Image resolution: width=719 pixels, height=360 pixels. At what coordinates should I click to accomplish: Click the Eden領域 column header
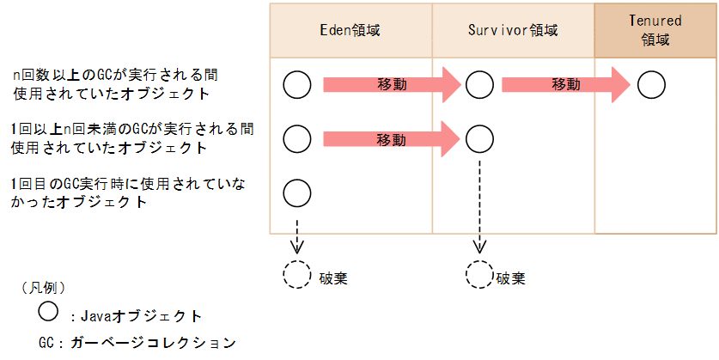point(350,31)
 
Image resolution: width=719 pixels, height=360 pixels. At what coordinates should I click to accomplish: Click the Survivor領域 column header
point(513,31)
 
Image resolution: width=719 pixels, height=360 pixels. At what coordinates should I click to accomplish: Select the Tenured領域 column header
point(655,31)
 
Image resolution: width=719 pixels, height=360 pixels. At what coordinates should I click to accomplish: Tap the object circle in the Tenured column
point(651,84)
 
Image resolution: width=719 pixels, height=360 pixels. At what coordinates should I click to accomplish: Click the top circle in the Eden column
point(296,84)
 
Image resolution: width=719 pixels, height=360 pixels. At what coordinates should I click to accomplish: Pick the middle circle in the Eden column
point(296,137)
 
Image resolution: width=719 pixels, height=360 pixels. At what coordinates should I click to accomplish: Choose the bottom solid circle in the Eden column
point(296,192)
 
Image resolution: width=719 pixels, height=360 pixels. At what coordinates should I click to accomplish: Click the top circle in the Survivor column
point(479,84)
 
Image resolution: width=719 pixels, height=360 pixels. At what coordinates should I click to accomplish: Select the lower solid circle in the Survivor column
point(479,137)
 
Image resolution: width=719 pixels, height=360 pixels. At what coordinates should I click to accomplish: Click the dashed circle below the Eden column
point(296,275)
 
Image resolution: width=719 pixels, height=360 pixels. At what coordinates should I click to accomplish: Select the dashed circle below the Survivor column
point(479,275)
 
